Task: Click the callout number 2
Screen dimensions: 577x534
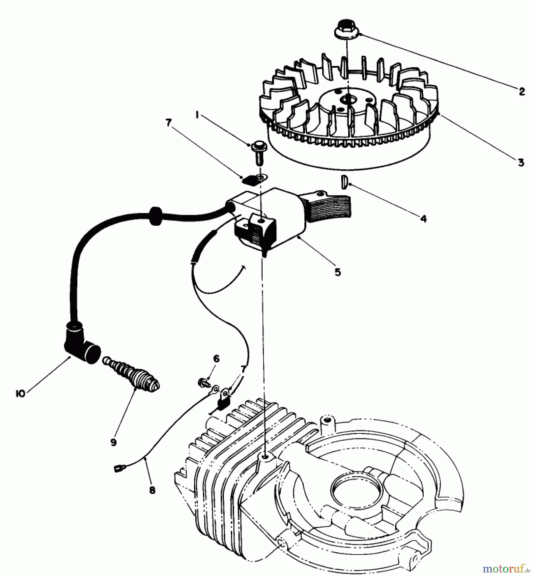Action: coord(522,92)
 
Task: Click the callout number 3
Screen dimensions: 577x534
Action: coord(521,162)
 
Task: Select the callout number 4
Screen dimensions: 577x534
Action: coord(423,219)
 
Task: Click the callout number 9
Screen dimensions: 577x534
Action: coord(113,442)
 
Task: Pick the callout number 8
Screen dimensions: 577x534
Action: coord(152,490)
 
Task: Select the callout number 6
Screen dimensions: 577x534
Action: coord(216,359)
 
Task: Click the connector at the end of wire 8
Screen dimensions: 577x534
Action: coord(117,469)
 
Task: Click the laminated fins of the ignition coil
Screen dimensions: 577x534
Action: coord(334,209)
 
